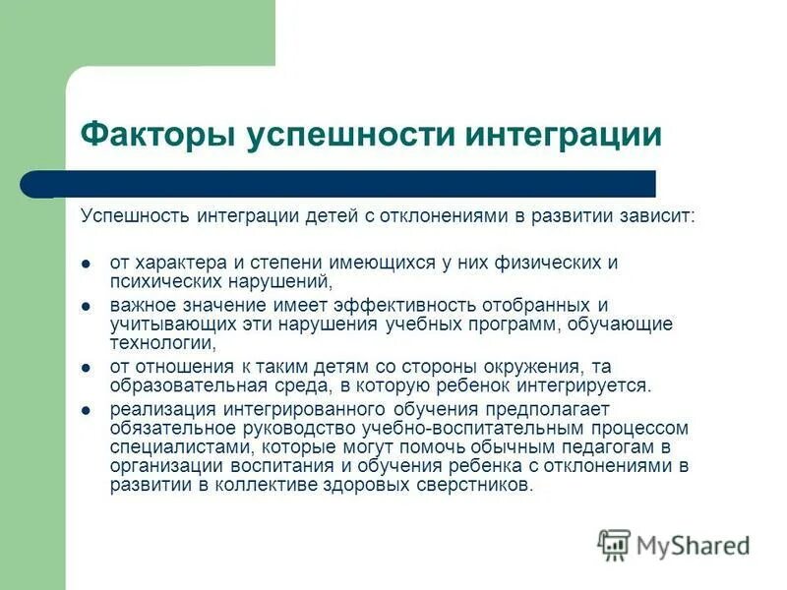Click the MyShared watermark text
(694, 543)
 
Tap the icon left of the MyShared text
(614, 544)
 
